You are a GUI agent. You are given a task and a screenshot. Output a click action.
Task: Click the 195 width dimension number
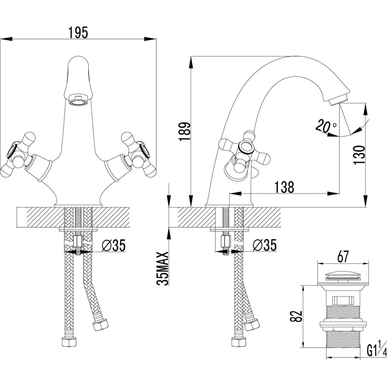(78, 33)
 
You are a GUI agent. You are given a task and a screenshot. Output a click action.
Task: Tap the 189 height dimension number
(185, 131)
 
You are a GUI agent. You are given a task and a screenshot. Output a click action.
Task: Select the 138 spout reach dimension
(284, 187)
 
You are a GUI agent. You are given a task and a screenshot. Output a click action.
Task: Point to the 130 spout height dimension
(359, 155)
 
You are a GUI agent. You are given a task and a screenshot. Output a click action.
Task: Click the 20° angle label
(325, 126)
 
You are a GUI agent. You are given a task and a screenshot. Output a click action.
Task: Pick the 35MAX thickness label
(163, 269)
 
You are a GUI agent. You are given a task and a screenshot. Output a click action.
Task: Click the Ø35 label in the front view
(113, 245)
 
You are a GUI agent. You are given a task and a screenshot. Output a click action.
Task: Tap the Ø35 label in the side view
(265, 245)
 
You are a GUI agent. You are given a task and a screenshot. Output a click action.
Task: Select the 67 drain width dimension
(343, 257)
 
